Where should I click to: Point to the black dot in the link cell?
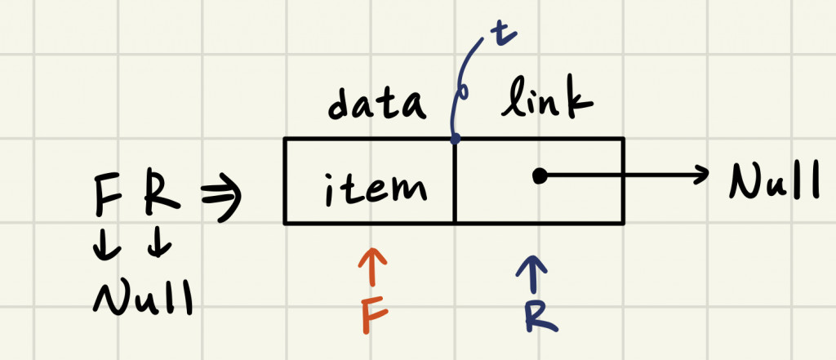539,175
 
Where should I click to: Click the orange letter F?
373,313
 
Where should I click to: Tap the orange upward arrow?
372,265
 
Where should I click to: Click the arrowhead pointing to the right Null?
700,175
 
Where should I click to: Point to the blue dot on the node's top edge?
455,140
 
